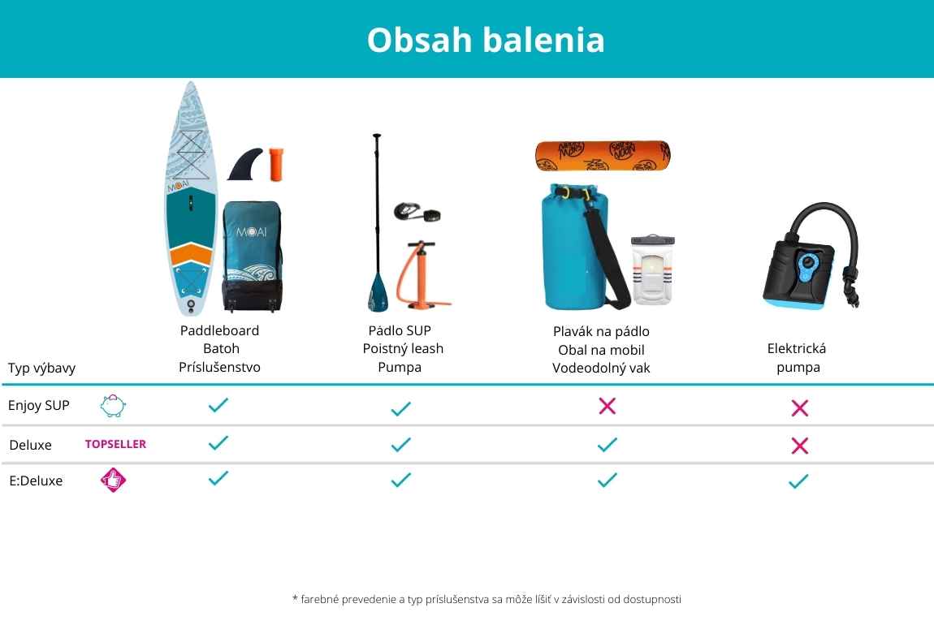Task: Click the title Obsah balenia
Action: click(486, 40)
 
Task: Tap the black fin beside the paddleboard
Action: click(246, 164)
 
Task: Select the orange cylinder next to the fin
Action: click(276, 164)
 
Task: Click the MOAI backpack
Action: click(252, 256)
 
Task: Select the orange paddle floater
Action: click(603, 156)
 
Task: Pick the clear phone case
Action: click(653, 269)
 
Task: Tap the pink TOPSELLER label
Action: click(115, 444)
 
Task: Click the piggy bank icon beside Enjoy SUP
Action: click(113, 406)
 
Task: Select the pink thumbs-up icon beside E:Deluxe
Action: click(113, 480)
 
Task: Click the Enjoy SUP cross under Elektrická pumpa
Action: click(799, 407)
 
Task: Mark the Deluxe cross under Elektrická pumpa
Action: click(799, 446)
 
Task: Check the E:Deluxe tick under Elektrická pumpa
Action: click(799, 481)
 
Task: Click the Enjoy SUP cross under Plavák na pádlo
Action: click(607, 406)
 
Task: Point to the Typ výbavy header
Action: click(41, 369)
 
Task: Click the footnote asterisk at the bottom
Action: click(295, 597)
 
